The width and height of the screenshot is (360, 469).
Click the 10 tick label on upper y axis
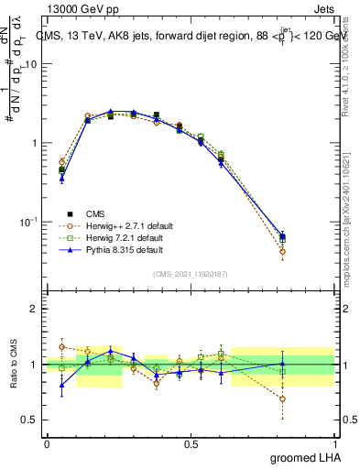[x=30, y=65]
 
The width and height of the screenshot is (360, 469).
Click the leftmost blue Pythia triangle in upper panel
[x=61, y=179]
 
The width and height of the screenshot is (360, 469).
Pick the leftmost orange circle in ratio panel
[x=61, y=347]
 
